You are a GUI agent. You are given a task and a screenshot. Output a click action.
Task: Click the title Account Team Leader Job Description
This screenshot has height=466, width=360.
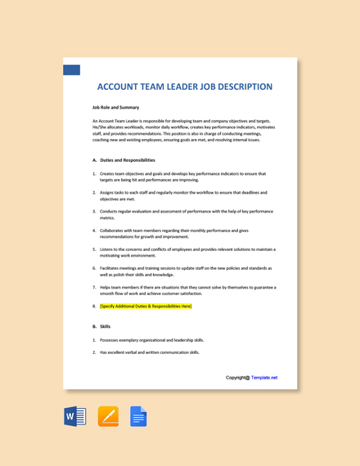184,87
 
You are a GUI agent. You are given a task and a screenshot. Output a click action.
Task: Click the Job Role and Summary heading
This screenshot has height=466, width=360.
115,107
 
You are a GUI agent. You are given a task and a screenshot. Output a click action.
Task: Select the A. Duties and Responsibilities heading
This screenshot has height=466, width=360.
124,160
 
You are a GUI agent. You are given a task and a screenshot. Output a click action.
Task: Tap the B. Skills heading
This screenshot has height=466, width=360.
101,326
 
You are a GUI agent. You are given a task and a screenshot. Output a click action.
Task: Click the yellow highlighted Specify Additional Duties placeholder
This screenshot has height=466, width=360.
146,306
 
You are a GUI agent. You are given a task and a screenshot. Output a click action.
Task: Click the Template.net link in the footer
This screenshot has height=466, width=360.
264,378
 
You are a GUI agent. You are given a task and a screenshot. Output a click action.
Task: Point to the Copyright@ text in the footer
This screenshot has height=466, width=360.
238,378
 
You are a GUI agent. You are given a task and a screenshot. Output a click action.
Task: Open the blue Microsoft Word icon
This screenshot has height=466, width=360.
75,417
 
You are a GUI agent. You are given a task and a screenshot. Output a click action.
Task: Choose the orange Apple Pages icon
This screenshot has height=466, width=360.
108,417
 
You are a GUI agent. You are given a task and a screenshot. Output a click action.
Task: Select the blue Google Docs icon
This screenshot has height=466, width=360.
138,417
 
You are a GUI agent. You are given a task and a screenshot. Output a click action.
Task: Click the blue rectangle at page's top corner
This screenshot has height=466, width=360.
71,69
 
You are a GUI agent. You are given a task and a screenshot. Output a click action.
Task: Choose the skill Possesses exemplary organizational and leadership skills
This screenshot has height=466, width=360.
152,340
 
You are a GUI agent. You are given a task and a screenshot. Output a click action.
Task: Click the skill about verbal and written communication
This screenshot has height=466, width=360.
150,352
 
